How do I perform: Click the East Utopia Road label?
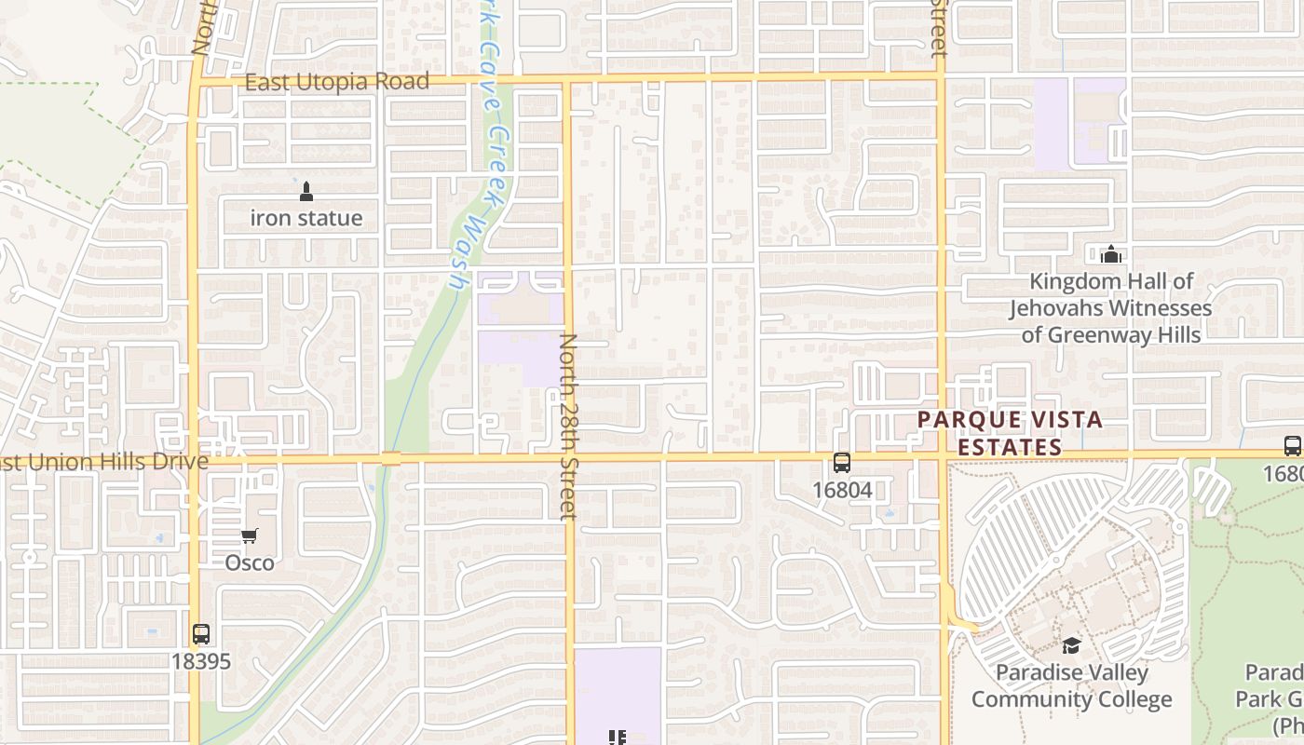point(336,82)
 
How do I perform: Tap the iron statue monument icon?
point(306,193)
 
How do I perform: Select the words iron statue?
point(306,219)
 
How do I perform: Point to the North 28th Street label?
point(568,426)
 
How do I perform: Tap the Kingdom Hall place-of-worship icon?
point(1110,254)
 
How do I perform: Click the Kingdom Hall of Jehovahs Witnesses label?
point(1111,307)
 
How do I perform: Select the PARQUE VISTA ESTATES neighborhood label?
point(1011,433)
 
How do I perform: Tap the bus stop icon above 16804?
point(842,463)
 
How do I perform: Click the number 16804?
point(842,490)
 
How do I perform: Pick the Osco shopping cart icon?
point(249,536)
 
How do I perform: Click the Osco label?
point(250,562)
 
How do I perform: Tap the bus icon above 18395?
point(201,634)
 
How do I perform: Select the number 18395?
point(201,661)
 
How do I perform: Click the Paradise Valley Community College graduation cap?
point(1072,645)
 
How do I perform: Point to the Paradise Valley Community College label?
point(1072,685)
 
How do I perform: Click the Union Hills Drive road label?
point(102,462)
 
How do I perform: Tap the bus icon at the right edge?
point(1292,446)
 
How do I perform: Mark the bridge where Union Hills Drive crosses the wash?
point(391,458)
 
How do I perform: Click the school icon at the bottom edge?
point(617,738)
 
